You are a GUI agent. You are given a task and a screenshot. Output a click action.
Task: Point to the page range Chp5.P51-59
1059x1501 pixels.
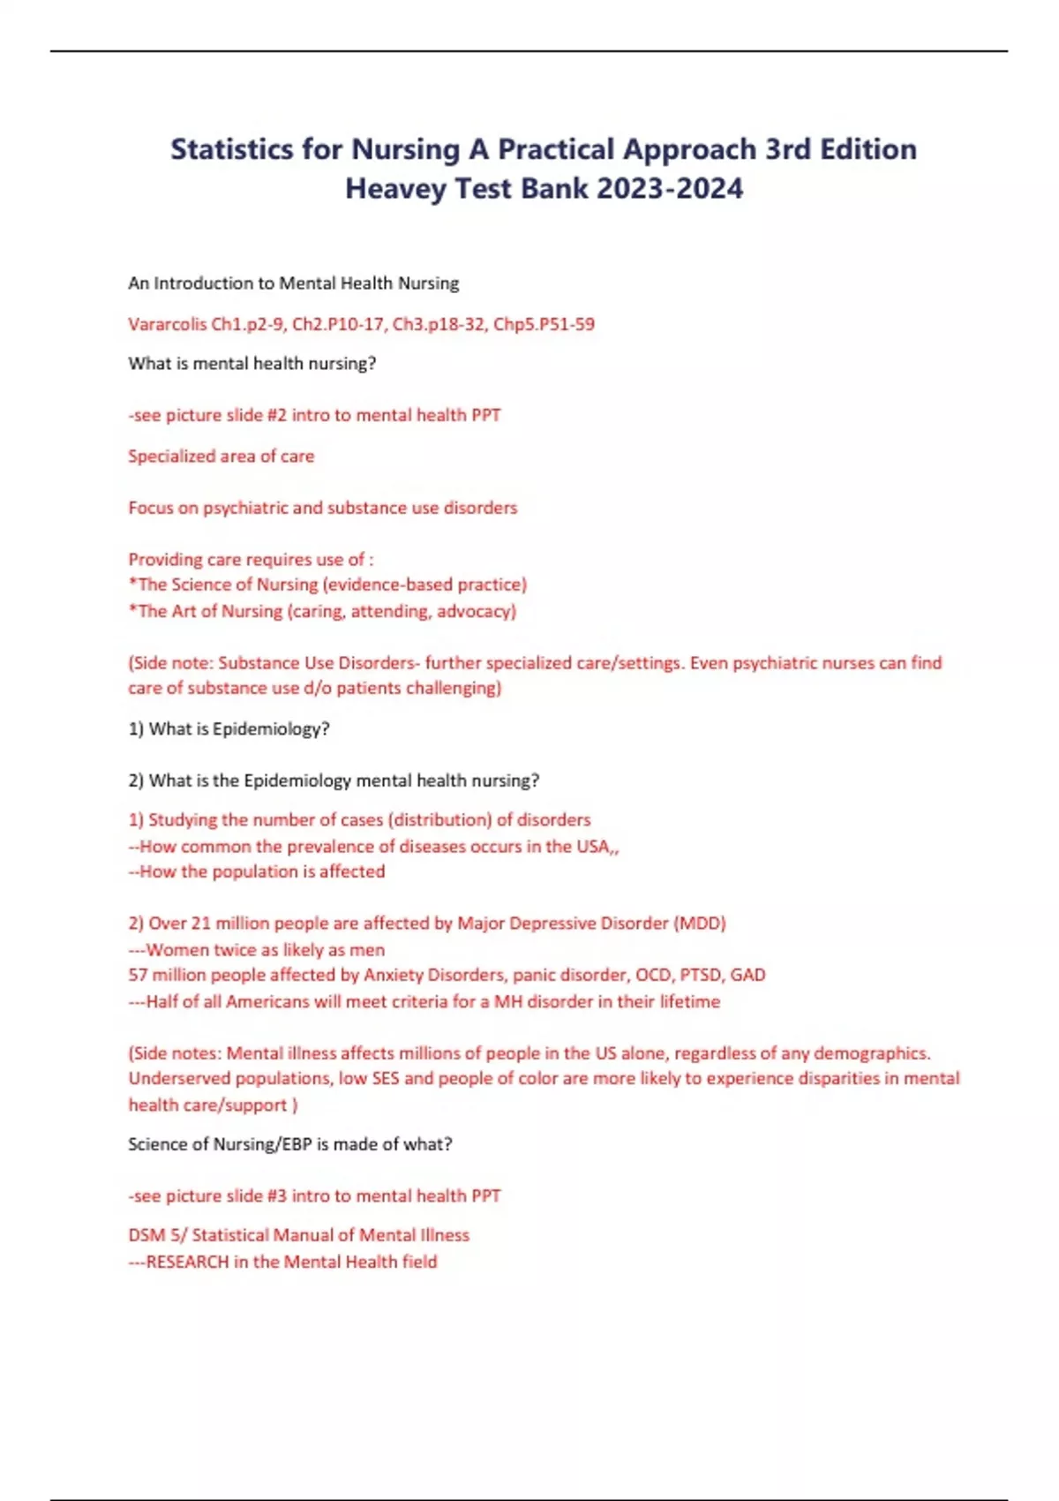coord(544,324)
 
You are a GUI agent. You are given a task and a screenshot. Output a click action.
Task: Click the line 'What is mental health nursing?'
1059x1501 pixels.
coord(252,364)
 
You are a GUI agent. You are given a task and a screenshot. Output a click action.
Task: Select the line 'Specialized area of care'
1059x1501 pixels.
coord(222,456)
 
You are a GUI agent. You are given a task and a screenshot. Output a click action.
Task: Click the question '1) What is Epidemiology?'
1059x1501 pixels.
coord(229,729)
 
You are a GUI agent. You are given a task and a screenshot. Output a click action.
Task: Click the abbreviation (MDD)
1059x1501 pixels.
coord(700,924)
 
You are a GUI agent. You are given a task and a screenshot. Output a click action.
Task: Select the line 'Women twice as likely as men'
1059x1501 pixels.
coord(265,950)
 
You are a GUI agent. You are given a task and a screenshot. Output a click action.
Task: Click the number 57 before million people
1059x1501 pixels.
coord(138,976)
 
